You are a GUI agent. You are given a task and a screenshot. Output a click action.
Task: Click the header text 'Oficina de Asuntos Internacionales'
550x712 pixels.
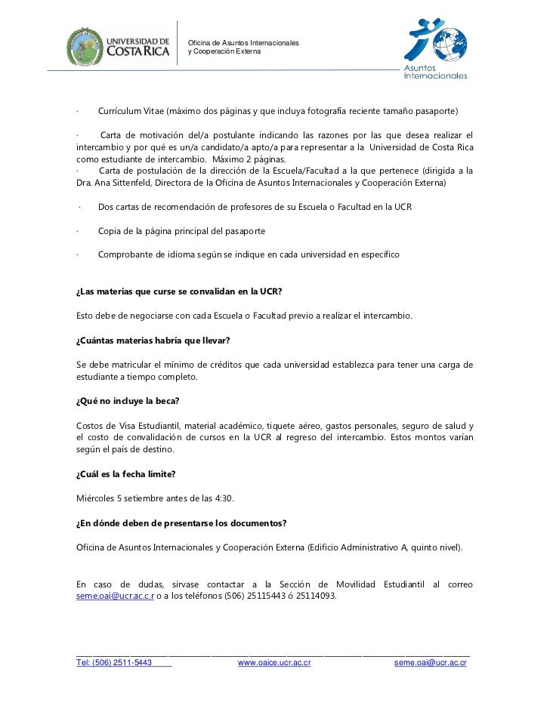243,41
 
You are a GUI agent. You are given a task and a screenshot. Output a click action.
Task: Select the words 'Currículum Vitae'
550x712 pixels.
131,111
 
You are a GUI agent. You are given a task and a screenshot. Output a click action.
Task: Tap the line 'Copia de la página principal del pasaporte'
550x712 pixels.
181,230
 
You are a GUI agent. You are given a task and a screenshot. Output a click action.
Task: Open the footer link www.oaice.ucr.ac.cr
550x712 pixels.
274,663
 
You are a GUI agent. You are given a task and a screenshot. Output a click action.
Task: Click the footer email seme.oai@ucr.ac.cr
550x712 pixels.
431,663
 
